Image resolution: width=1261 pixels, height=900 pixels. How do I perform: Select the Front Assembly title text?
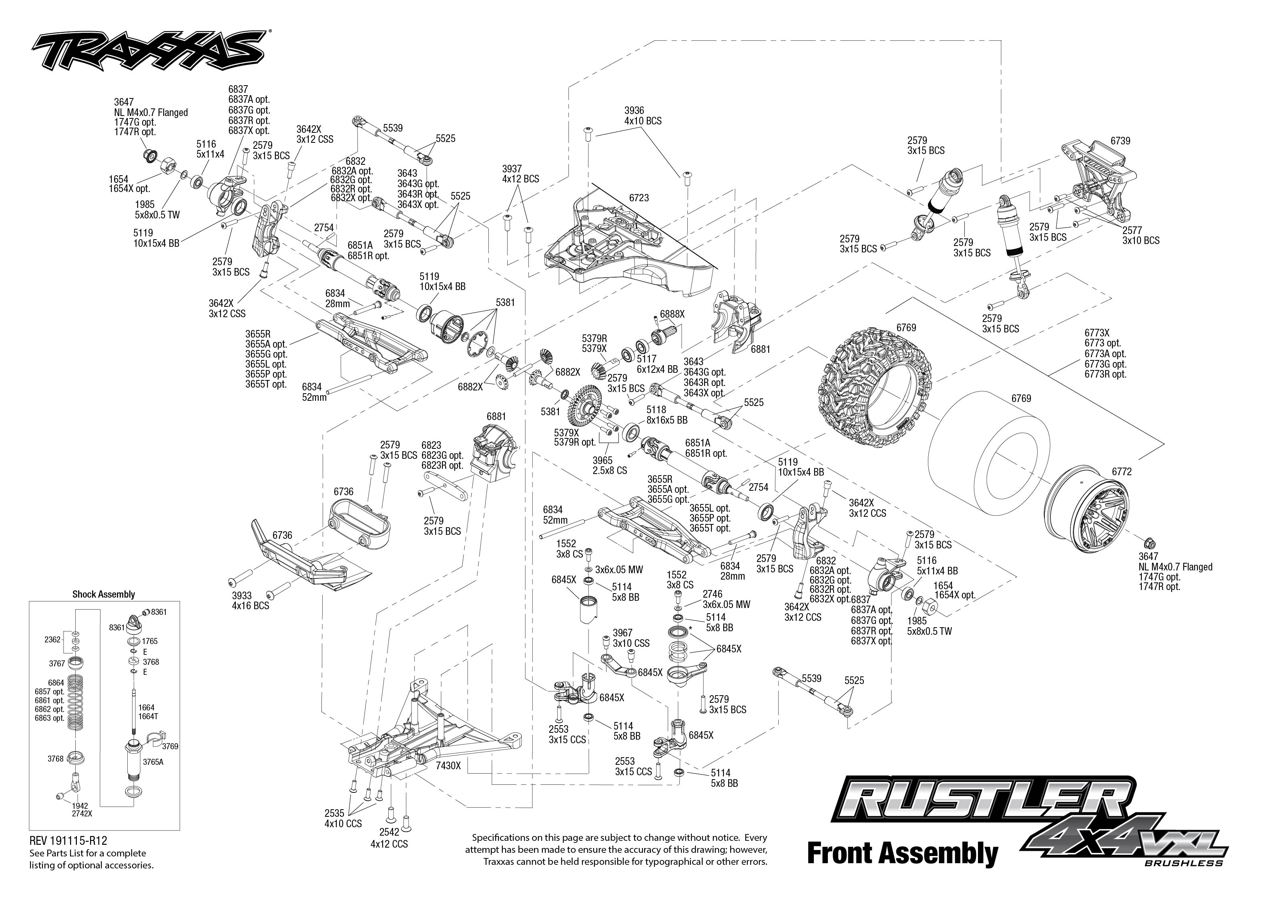pos(902,854)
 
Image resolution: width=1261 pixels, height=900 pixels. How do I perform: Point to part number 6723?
pos(639,198)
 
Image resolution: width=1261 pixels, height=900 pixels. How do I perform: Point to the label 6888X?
pos(672,314)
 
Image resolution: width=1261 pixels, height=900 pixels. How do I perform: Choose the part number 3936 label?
pos(634,111)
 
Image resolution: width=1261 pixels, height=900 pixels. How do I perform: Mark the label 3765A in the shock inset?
pos(153,762)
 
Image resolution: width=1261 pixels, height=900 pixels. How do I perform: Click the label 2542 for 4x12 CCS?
pos(389,832)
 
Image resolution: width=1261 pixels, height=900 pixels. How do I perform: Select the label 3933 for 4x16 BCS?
pos(242,596)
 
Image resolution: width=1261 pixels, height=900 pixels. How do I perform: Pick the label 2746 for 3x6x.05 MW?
pos(713,594)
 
